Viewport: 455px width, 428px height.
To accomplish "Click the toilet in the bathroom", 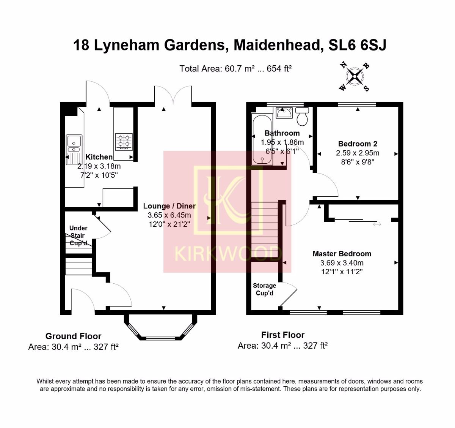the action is pyautogui.click(x=302, y=116).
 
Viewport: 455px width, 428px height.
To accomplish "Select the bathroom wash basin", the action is pyautogui.click(x=284, y=113).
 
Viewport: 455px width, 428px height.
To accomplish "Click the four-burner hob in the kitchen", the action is pyautogui.click(x=124, y=142).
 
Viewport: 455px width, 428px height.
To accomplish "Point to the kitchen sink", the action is pyautogui.click(x=74, y=150).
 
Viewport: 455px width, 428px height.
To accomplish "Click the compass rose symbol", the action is pyautogui.click(x=355, y=77).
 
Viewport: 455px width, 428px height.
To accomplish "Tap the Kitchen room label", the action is pyautogui.click(x=99, y=157).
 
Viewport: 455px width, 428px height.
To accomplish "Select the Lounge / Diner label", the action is pyautogui.click(x=169, y=206).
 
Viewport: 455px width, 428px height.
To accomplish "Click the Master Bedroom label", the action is pyautogui.click(x=342, y=254).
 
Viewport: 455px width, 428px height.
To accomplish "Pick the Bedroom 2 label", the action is pyautogui.click(x=358, y=144).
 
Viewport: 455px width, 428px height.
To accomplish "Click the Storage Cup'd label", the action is pyautogui.click(x=264, y=289).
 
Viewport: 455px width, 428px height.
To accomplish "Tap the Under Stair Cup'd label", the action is pyautogui.click(x=78, y=235).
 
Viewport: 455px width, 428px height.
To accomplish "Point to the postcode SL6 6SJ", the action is pyautogui.click(x=358, y=45).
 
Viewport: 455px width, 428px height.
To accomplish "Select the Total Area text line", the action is pyautogui.click(x=235, y=69).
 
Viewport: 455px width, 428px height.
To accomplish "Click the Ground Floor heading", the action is pyautogui.click(x=73, y=336).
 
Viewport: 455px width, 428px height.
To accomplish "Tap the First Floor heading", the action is pyautogui.click(x=283, y=335).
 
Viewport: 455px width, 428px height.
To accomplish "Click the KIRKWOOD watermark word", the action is pyautogui.click(x=228, y=254).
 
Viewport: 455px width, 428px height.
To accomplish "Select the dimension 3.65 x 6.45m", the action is pyautogui.click(x=169, y=215).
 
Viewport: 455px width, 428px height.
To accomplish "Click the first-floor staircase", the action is pyautogui.click(x=265, y=229).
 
